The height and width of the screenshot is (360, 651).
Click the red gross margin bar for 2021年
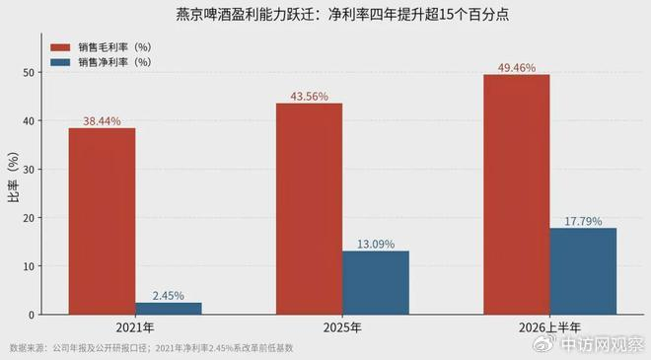(103, 221)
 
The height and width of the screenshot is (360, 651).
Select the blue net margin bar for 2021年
(169, 309)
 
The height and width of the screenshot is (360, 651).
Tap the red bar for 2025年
(310, 209)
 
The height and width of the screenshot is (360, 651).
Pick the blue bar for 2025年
(376, 283)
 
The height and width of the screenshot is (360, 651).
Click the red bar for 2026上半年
(517, 194)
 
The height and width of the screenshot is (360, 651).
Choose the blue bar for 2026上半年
(583, 271)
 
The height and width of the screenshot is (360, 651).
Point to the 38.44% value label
(103, 121)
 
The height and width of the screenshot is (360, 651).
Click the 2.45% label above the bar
(168, 296)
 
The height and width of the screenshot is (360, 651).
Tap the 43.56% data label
(310, 97)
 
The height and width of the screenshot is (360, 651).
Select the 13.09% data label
(376, 245)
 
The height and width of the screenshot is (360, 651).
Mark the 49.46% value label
(517, 68)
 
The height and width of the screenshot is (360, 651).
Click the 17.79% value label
(583, 221)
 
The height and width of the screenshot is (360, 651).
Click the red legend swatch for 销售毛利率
(60, 47)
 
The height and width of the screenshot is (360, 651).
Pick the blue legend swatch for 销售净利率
(60, 62)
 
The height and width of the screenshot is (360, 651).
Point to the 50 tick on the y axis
(29, 73)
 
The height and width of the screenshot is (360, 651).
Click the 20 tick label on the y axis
(29, 218)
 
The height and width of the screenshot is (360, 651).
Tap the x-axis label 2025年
(342, 327)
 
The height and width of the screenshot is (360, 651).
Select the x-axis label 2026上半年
(549, 327)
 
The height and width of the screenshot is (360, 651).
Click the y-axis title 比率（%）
(13, 177)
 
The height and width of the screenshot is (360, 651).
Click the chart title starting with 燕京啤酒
(342, 15)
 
